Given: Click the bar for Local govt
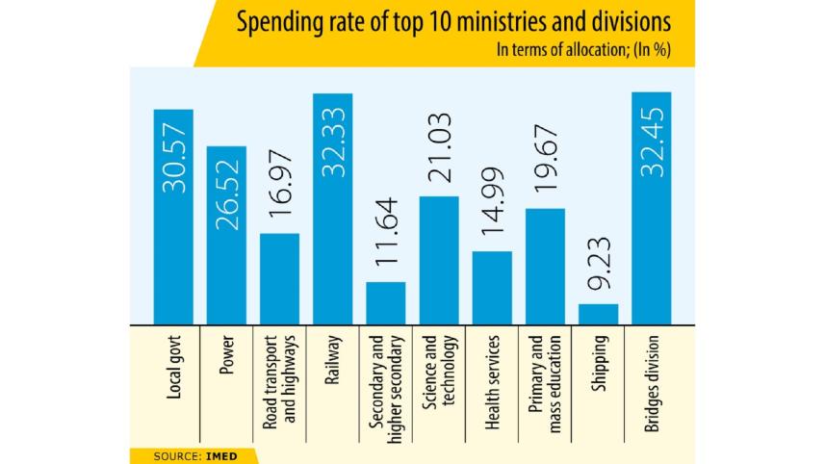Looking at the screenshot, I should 173,217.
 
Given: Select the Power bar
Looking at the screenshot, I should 226,235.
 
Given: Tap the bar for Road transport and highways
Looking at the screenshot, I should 279,278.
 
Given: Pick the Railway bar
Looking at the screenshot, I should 332,209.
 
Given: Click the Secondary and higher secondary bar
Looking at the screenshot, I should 385,302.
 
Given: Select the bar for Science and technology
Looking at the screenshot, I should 439,260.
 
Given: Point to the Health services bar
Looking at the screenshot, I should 492,287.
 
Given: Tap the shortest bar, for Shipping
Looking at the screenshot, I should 598,314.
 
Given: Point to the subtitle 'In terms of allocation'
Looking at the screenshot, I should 554,51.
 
